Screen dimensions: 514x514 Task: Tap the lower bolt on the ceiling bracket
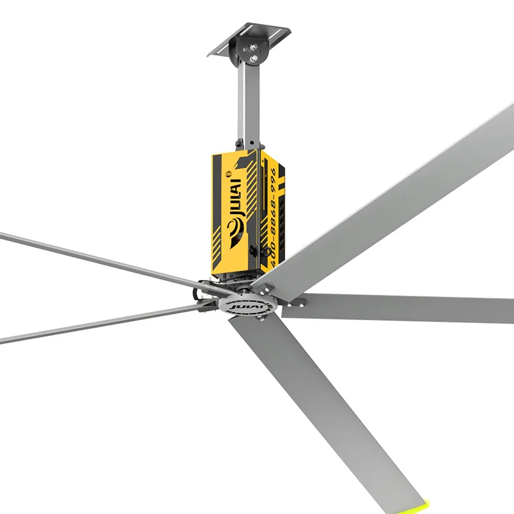point(256,58)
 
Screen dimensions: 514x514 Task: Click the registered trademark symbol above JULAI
point(226,173)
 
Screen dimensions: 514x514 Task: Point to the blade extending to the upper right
point(398,193)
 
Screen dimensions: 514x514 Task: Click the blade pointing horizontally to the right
point(398,308)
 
